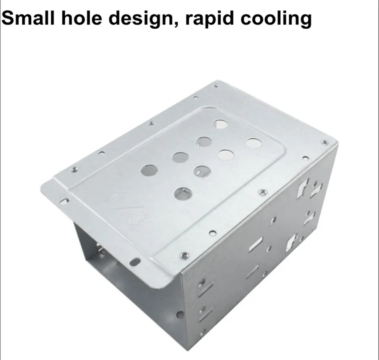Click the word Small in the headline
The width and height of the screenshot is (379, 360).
28,18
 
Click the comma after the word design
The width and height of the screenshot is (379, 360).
175,24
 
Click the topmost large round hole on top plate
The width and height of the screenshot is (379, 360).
220,124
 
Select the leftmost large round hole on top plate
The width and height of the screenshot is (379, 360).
149,170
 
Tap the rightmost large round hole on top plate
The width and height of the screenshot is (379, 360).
254,143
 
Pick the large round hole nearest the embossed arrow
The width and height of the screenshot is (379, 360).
183,194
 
